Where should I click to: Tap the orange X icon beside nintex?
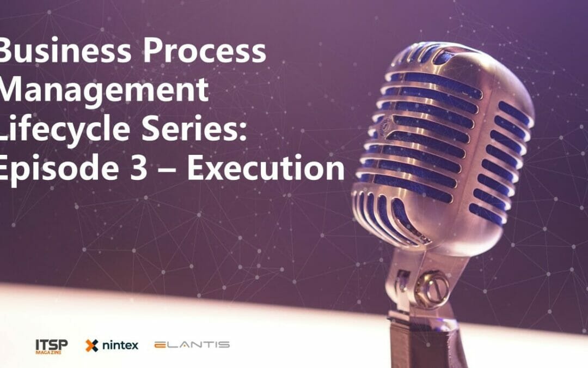(x=91, y=345)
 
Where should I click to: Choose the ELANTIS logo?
(x=192, y=345)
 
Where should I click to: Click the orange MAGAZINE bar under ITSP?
(x=48, y=352)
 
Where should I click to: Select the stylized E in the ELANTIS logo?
(x=161, y=345)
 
